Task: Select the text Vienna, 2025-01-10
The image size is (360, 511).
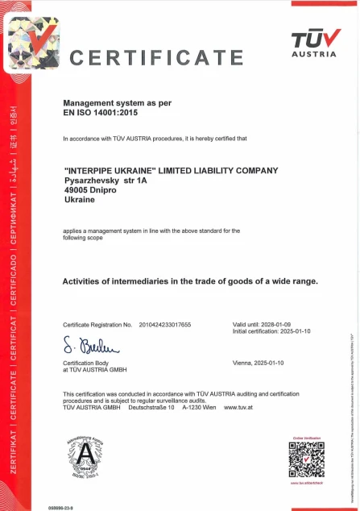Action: pos(259,364)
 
